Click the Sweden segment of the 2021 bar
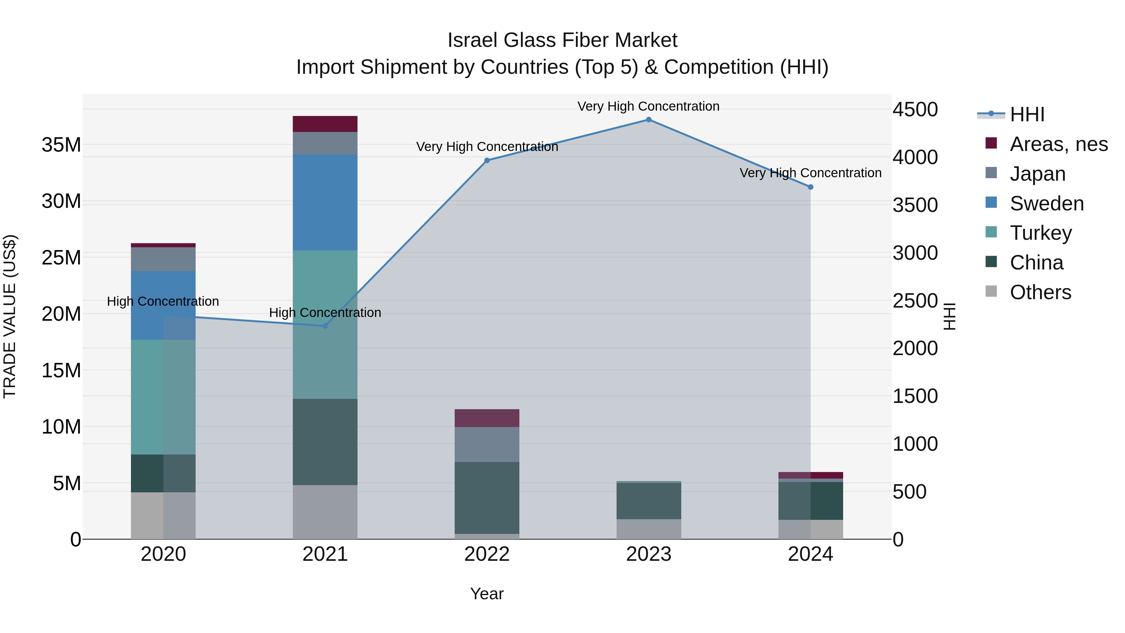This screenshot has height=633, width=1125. click(325, 202)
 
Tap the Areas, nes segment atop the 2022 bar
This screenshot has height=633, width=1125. click(487, 418)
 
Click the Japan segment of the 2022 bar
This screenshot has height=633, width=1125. click(487, 444)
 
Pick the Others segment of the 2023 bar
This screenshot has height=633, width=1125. click(648, 529)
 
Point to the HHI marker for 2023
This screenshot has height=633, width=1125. click(648, 120)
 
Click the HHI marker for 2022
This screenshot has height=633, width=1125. click(487, 160)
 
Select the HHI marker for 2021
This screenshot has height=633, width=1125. click(325, 326)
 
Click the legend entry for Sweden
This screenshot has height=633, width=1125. click(1046, 203)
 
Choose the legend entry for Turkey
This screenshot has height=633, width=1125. click(1040, 233)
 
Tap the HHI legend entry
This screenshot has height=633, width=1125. click(1026, 114)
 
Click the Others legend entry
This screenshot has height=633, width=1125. click(1040, 292)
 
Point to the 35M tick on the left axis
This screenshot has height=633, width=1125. click(61, 145)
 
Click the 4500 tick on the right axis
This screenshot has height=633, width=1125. click(915, 110)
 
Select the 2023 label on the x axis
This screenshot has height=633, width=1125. click(648, 554)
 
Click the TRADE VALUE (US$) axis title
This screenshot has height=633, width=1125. click(10, 316)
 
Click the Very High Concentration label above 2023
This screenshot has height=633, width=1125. click(648, 106)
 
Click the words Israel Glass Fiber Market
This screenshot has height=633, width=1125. click(562, 40)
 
